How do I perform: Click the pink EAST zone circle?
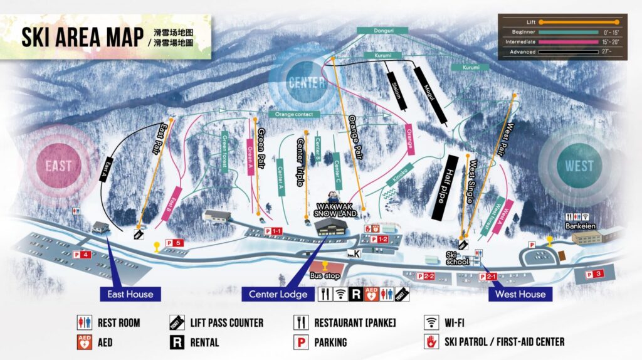pyautogui.click(x=58, y=166)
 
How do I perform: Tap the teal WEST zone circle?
pyautogui.click(x=579, y=166)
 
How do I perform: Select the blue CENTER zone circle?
pyautogui.click(x=307, y=82)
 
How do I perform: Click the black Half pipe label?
pyautogui.click(x=445, y=188)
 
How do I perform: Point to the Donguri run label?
pyautogui.click(x=382, y=29)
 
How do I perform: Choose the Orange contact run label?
pyautogui.click(x=294, y=114)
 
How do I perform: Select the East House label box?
pyautogui.click(x=126, y=294)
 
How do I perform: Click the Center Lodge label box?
pyautogui.click(x=278, y=294)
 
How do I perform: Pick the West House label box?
pyautogui.click(x=520, y=294)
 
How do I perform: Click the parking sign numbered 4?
pyautogui.click(x=82, y=255)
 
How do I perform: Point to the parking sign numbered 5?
pyautogui.click(x=174, y=243)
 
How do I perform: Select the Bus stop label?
pyautogui.click(x=324, y=275)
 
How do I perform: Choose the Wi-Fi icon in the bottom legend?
pyautogui.click(x=431, y=323)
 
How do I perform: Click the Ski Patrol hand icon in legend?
pyautogui.click(x=431, y=342)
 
